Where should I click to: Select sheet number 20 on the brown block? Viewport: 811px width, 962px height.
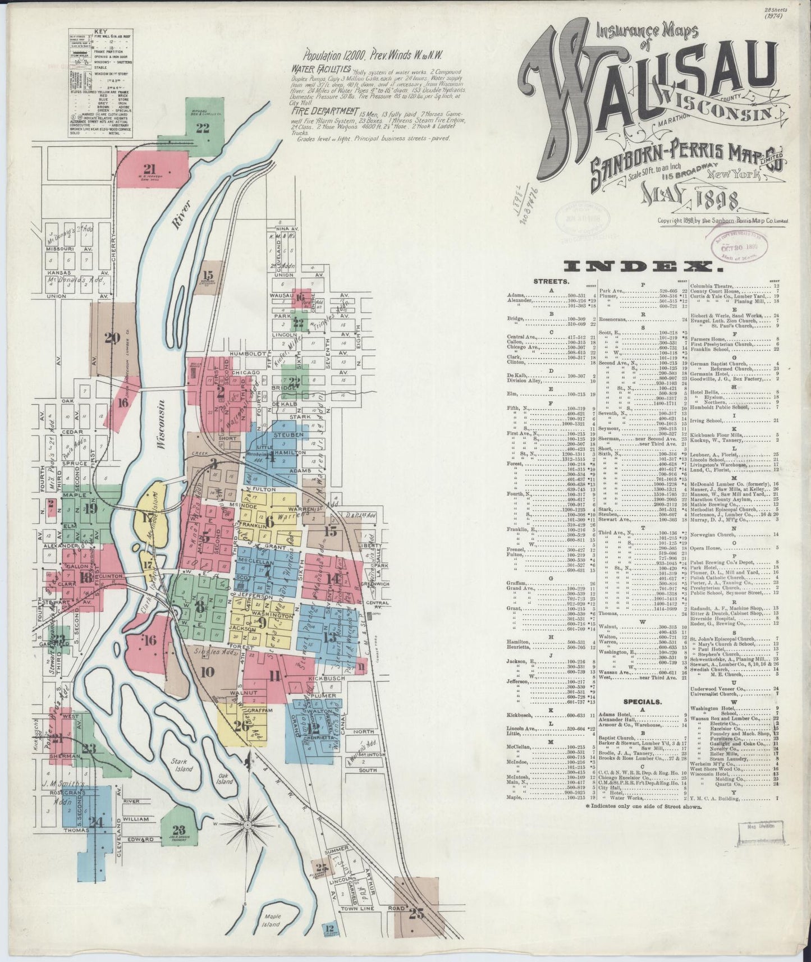112,338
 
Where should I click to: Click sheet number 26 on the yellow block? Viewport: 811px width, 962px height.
241,726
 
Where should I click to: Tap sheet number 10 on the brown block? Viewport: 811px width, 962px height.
207,671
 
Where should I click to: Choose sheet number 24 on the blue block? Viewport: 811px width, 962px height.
97,822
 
